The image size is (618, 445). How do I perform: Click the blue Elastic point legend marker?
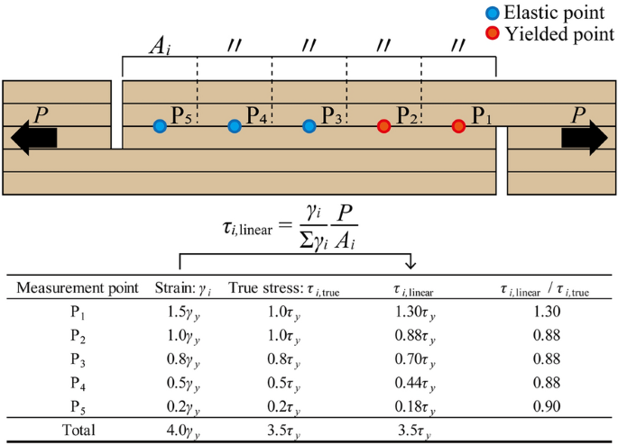[491, 14]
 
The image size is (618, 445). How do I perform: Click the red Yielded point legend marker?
[491, 33]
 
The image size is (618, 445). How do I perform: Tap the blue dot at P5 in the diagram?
[160, 126]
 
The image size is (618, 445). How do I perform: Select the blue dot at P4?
[235, 126]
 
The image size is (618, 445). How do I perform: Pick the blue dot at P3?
[309, 126]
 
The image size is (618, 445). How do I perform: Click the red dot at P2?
[384, 126]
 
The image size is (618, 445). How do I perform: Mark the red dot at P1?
[458, 126]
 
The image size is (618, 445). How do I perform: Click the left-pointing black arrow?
[34, 138]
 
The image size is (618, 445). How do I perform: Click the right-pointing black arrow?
[584, 137]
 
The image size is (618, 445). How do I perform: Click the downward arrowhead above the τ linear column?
[410, 263]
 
